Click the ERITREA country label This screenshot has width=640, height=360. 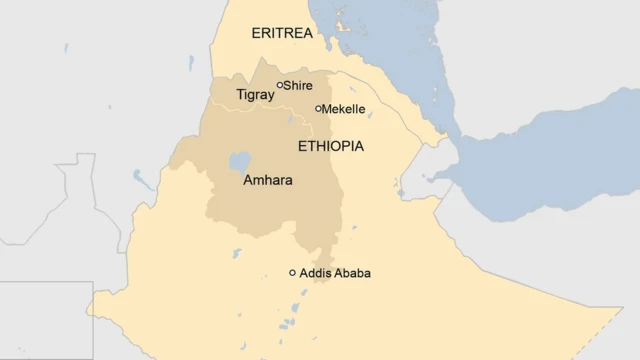282,33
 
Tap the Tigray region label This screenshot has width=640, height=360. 254,95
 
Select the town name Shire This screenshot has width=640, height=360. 298,86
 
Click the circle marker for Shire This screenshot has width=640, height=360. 280,85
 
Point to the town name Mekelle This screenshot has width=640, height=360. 343,109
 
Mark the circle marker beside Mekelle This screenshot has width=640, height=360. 319,109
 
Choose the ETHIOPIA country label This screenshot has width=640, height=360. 330,146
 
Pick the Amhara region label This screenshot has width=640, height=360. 268,183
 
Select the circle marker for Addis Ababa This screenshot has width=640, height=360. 293,272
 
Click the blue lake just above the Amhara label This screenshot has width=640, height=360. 239,161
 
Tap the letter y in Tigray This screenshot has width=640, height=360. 269,97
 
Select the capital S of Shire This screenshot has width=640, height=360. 288,86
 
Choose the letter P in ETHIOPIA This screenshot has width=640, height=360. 351,146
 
